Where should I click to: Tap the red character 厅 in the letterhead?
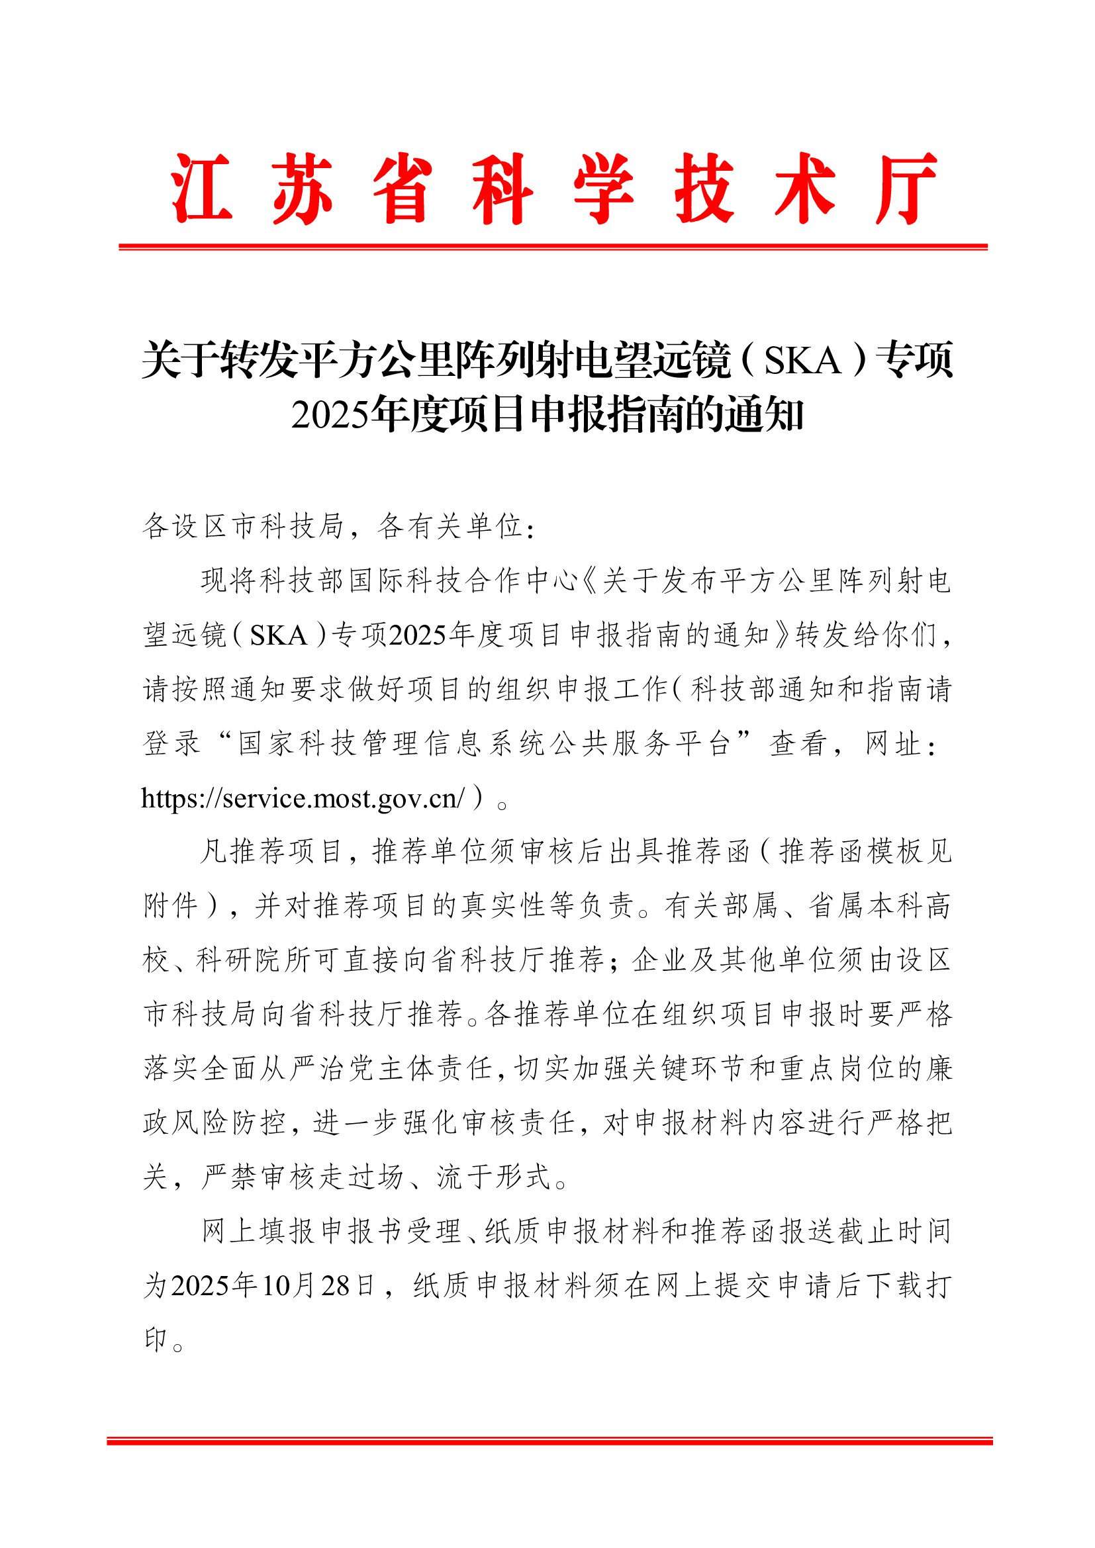pyautogui.click(x=906, y=188)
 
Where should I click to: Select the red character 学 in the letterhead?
pyautogui.click(x=604, y=188)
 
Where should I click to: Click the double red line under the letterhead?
pyautogui.click(x=553, y=248)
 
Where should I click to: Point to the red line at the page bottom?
pyautogui.click(x=549, y=1441)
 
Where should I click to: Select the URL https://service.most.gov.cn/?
pyautogui.click(x=302, y=798)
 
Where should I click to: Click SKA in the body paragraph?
pyautogui.click(x=279, y=635)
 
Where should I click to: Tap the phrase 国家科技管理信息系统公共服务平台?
pyautogui.click(x=484, y=744)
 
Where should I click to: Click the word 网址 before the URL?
pyautogui.click(x=893, y=744)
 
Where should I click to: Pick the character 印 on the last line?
pyautogui.click(x=156, y=1339)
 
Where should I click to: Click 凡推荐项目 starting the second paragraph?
pyautogui.click(x=271, y=852)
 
